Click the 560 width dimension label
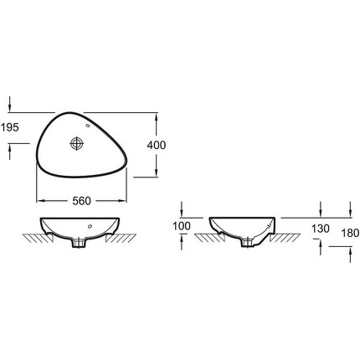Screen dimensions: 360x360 (x=81, y=201)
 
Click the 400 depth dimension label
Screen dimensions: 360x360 (x=157, y=145)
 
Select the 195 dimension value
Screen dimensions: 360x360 (x=9, y=127)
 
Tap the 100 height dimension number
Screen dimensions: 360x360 (x=182, y=226)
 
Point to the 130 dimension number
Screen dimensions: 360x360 (x=321, y=229)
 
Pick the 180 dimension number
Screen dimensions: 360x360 (x=350, y=233)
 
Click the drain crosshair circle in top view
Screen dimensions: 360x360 (x=76, y=143)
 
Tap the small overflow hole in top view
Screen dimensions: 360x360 (x=88, y=126)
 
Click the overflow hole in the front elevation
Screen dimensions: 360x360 (x=90, y=226)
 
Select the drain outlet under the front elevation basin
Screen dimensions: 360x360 (x=78, y=243)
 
